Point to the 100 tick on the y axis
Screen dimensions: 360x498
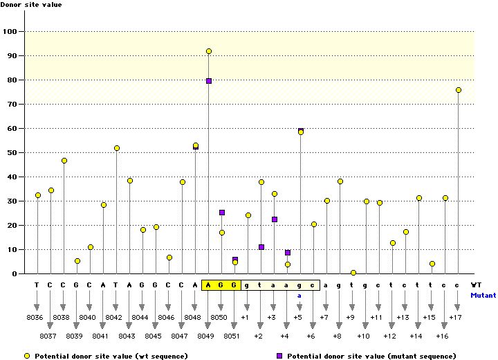[x=10, y=31]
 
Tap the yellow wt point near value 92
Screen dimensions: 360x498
[x=209, y=51]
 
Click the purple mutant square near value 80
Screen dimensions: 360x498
[x=209, y=81]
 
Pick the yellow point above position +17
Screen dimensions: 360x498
[x=458, y=90]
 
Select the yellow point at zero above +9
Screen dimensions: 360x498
[x=353, y=273]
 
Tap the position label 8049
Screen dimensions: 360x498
[x=207, y=336]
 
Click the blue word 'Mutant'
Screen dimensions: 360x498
[x=483, y=295]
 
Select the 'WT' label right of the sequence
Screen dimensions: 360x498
[x=477, y=285]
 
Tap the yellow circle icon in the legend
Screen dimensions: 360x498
[x=26, y=355]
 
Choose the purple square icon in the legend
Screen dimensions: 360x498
[x=279, y=355]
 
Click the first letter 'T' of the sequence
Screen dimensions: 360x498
[x=37, y=285]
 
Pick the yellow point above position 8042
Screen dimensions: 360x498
[x=117, y=148]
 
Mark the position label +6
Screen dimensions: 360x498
[x=310, y=336]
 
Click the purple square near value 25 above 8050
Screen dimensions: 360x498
[x=222, y=213]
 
